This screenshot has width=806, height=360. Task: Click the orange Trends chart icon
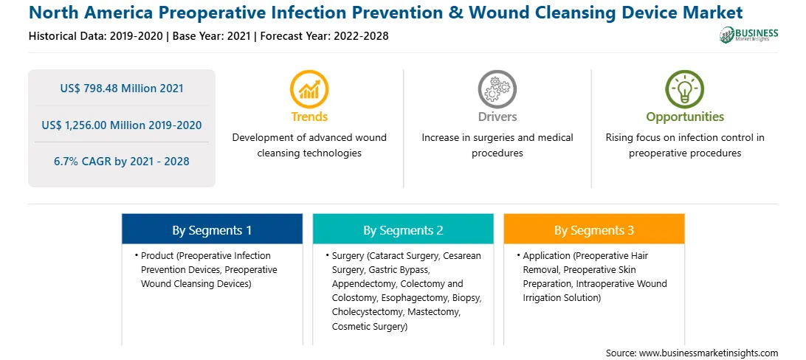309,89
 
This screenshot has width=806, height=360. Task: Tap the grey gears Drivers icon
497,89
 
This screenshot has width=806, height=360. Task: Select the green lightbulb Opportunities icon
685,89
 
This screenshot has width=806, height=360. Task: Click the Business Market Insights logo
749,35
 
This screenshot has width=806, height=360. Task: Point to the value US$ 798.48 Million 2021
122,89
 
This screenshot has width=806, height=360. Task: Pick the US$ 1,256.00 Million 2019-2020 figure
122,125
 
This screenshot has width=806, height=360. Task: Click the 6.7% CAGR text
122,162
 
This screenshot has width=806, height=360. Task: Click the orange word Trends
309,117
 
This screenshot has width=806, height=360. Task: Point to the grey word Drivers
497,117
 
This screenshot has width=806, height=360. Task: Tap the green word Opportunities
685,117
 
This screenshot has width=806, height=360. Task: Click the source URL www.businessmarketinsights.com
709,353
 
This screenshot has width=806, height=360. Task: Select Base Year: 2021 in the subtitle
211,36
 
